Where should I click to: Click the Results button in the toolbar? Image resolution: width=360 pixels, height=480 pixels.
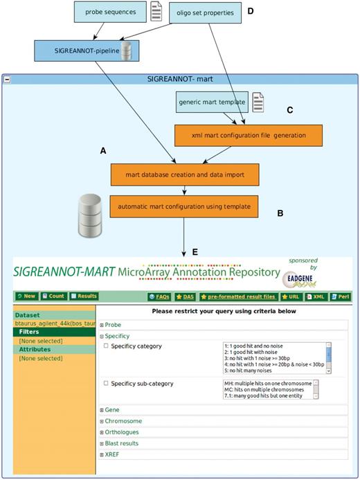click(x=84, y=296)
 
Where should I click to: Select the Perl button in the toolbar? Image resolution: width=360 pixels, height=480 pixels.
click(x=343, y=296)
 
